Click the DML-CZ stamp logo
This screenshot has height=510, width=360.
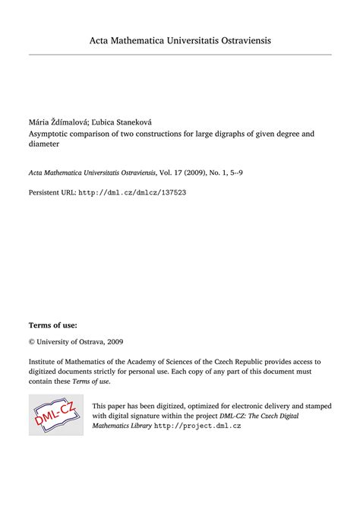point(56,415)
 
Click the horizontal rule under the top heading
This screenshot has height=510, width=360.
point(180,55)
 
